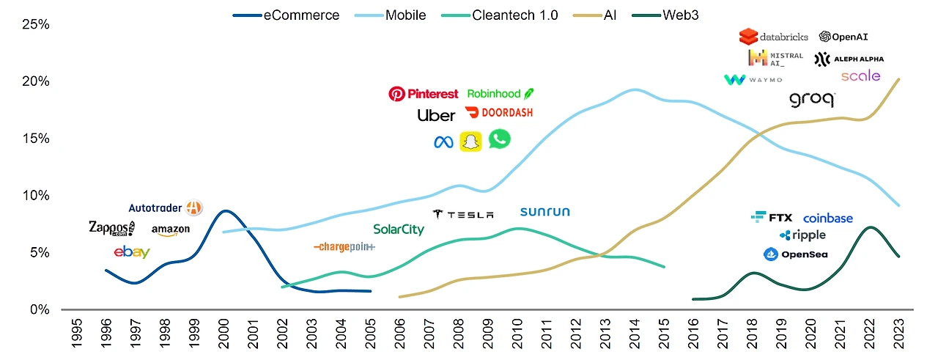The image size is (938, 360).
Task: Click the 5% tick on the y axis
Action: click(x=37, y=252)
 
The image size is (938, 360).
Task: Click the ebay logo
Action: click(x=132, y=252)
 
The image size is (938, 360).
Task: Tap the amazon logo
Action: click(x=171, y=230)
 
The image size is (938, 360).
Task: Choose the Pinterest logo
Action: click(x=423, y=94)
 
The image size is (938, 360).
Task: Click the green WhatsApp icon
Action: click(x=500, y=139)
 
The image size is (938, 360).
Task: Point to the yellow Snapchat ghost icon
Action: click(x=470, y=142)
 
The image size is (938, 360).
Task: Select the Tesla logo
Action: click(x=463, y=214)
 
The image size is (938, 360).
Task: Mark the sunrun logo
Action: click(x=544, y=212)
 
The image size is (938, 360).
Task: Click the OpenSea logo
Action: click(x=795, y=254)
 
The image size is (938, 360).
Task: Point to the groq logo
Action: click(x=811, y=100)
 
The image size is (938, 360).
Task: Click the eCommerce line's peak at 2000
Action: click(x=226, y=211)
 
